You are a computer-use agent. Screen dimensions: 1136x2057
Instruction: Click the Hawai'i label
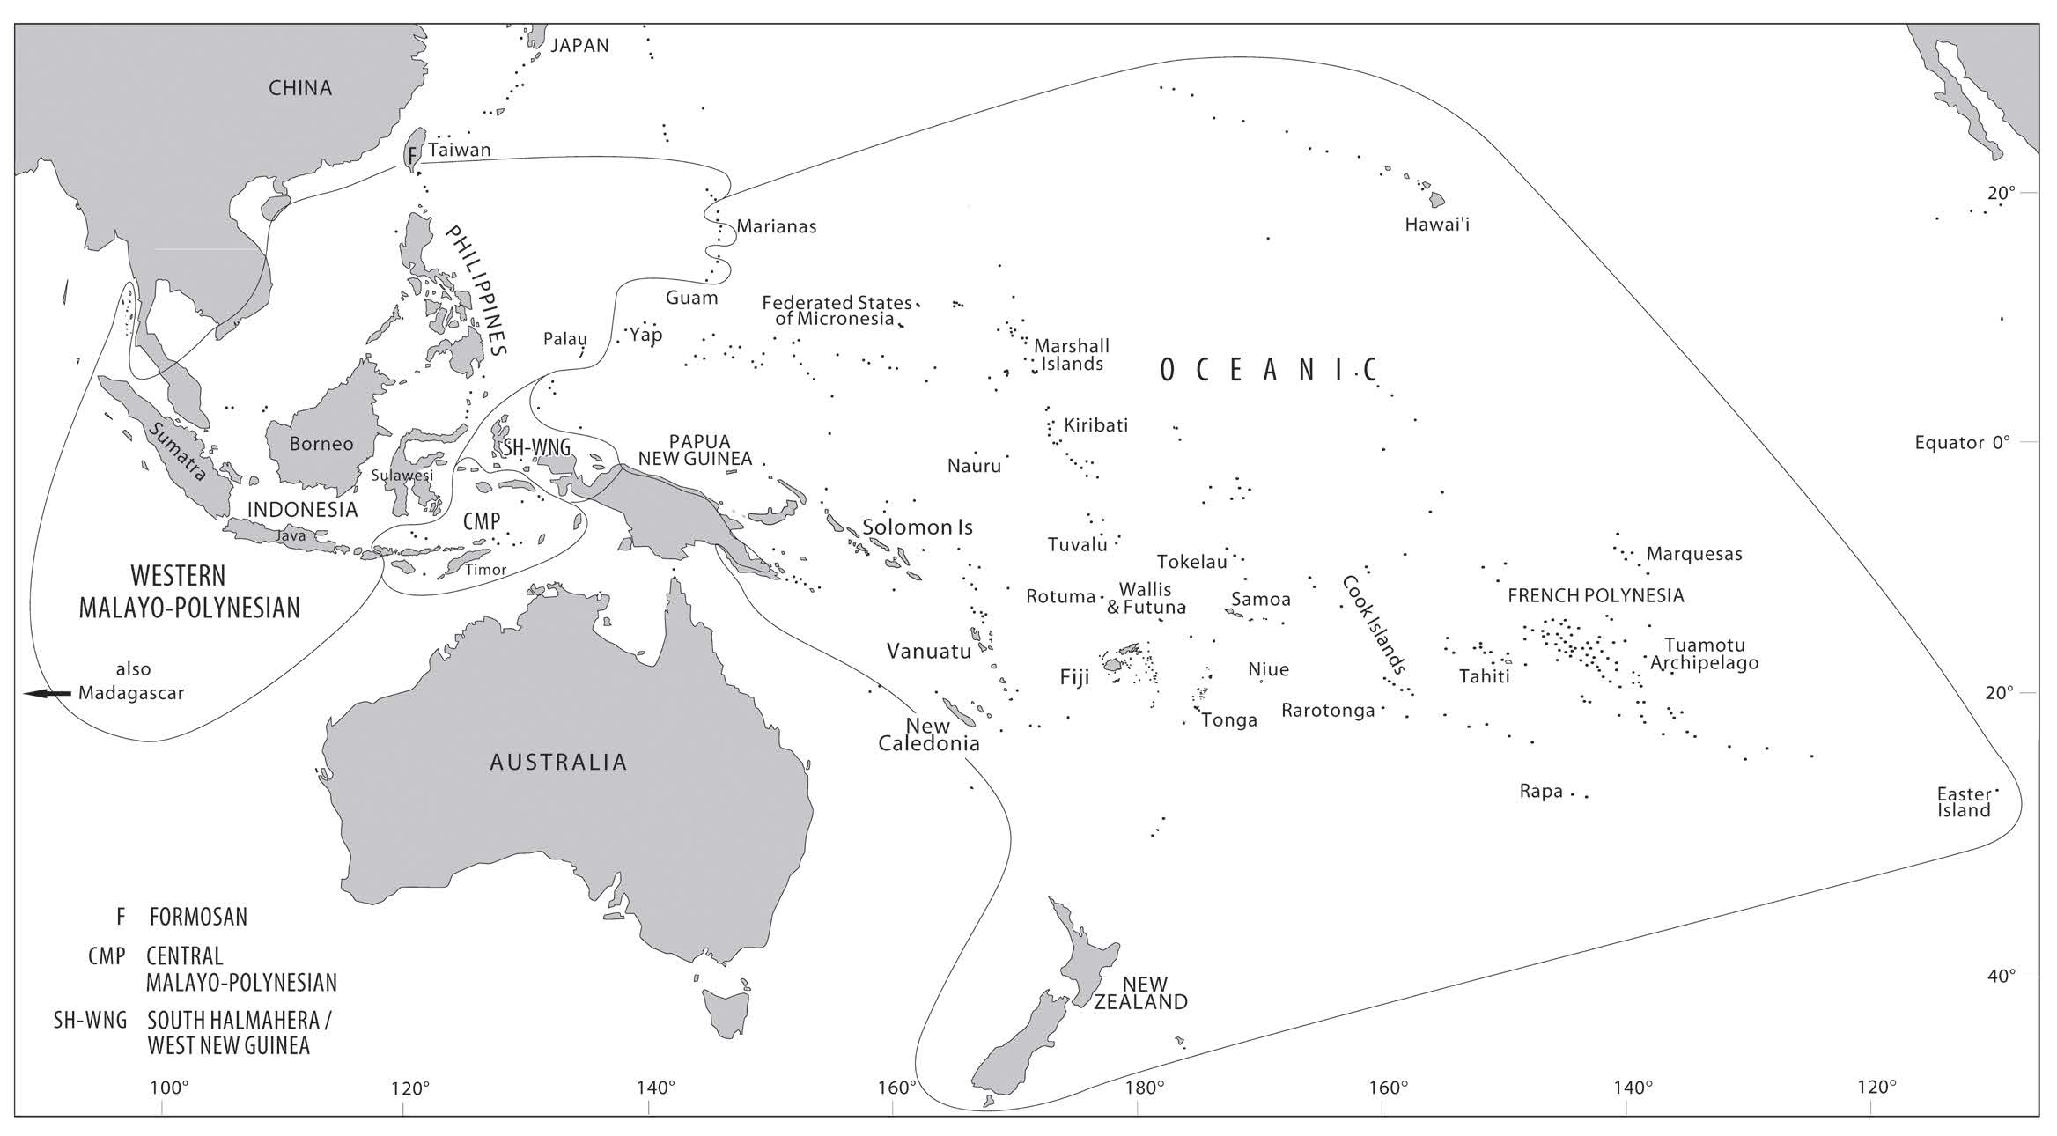pyautogui.click(x=1436, y=225)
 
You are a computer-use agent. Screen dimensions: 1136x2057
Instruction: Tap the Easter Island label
pyautogui.click(x=1963, y=802)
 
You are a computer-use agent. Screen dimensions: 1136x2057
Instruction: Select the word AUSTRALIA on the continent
pyautogui.click(x=558, y=762)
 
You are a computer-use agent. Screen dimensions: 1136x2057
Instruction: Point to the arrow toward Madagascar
pyautogui.click(x=47, y=694)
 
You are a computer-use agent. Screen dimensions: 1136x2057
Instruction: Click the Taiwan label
pyautogui.click(x=459, y=150)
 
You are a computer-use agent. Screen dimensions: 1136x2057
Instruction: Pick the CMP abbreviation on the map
pyautogui.click(x=481, y=521)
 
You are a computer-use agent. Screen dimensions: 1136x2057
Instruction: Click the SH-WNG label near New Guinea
pyautogui.click(x=535, y=447)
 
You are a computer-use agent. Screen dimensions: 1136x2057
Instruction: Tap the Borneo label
pyautogui.click(x=321, y=444)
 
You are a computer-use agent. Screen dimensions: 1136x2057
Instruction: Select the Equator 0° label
pyautogui.click(x=1962, y=442)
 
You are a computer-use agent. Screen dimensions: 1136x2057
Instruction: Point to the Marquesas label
pyautogui.click(x=1693, y=554)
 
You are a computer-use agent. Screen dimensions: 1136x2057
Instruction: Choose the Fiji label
pyautogui.click(x=1074, y=677)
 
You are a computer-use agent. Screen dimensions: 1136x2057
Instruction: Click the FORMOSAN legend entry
pyautogui.click(x=197, y=917)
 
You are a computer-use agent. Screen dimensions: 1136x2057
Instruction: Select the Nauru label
pyautogui.click(x=974, y=466)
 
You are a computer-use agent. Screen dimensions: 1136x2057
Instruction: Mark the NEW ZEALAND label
pyautogui.click(x=1141, y=992)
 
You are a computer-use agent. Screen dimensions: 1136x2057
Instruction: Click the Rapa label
pyautogui.click(x=1540, y=792)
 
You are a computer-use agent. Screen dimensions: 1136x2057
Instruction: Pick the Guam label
pyautogui.click(x=691, y=298)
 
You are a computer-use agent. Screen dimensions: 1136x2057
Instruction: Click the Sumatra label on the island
pyautogui.click(x=179, y=452)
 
